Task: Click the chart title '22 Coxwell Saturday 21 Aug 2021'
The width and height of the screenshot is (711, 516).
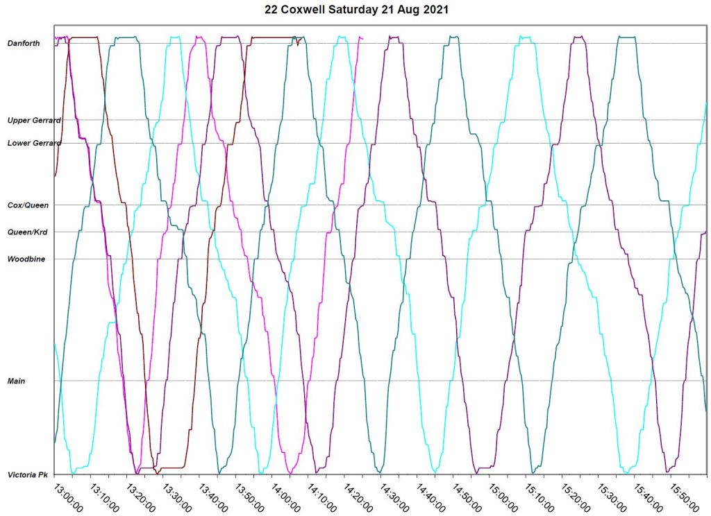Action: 355,10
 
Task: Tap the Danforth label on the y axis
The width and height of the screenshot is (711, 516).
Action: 24,44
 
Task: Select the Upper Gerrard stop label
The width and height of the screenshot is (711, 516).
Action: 34,121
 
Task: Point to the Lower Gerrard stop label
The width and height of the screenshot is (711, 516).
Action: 34,144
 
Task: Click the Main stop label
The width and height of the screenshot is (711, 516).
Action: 16,381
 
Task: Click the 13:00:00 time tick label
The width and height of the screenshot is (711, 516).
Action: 67,497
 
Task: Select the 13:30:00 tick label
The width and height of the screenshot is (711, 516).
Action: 176,497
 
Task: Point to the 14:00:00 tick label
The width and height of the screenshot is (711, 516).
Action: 285,497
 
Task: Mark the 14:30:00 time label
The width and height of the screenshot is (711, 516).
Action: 393,497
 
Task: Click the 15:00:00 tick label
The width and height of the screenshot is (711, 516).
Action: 502,497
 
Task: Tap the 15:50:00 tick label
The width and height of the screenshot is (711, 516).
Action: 683,497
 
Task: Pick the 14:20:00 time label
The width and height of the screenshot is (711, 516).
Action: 357,497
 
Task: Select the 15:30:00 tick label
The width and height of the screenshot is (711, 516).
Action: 611,497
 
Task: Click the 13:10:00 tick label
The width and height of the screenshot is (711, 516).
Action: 103,497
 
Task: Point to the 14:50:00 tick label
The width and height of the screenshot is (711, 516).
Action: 466,497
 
